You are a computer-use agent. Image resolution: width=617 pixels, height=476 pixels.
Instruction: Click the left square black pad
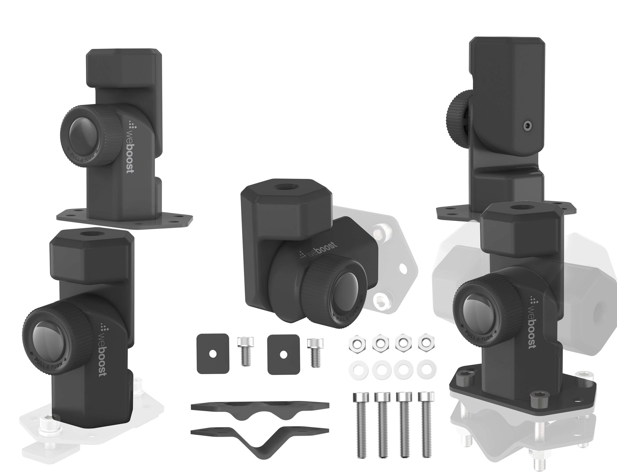(213, 354)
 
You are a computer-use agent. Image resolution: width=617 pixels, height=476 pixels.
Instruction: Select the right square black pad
(283, 354)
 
